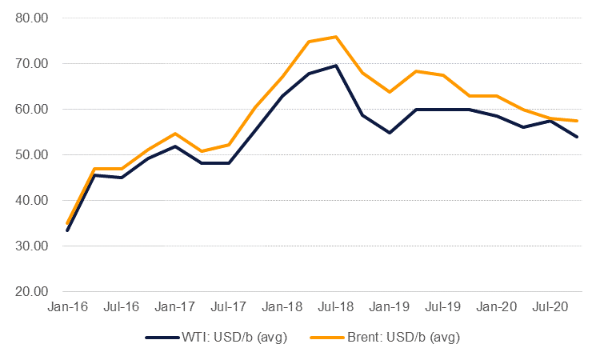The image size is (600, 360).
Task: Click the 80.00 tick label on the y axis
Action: point(32,18)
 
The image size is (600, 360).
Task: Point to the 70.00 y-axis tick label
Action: point(32,63)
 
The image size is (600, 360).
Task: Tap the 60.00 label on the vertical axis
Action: point(32,109)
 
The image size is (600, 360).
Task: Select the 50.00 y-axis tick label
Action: point(32,154)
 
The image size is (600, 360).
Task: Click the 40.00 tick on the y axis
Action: point(32,200)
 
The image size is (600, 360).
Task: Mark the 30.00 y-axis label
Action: point(32,246)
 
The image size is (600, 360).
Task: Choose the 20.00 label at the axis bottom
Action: point(32,291)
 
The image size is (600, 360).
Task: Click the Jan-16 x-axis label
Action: point(67,306)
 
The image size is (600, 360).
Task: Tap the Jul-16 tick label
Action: point(122,306)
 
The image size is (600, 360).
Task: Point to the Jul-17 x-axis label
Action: point(229,306)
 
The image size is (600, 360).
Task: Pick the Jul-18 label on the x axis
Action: point(336,306)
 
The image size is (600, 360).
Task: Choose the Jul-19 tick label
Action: point(443,306)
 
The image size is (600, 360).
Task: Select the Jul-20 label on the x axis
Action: point(550,306)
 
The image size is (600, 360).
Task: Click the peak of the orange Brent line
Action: point(336,37)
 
